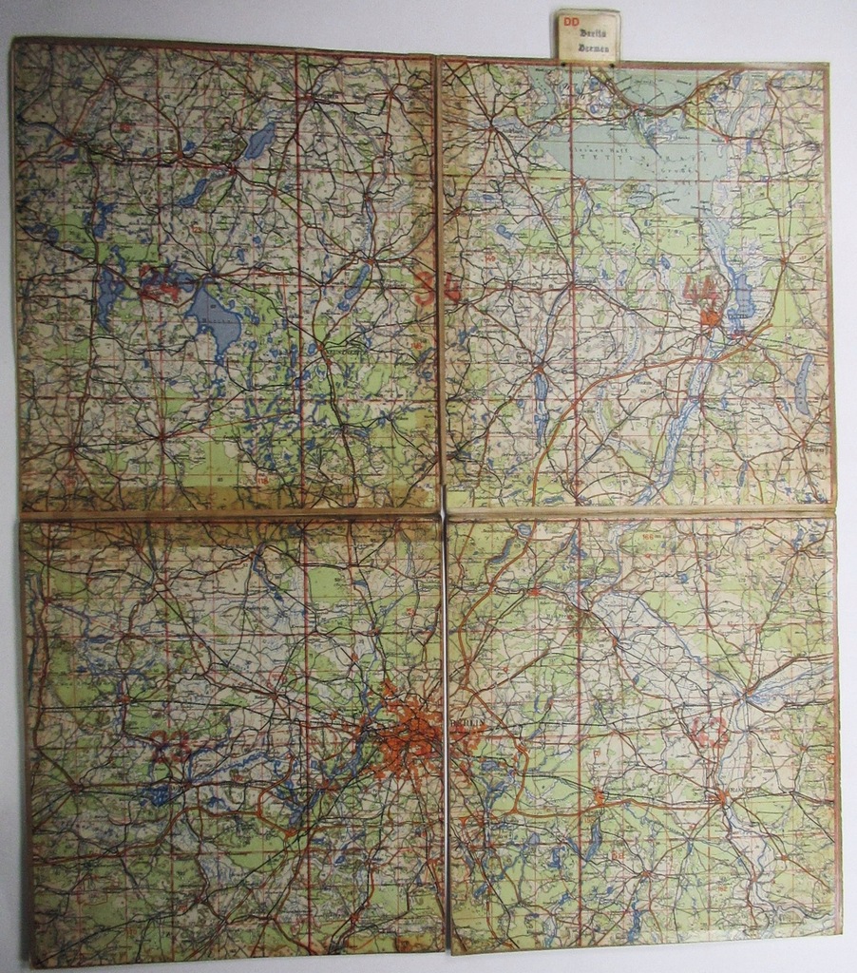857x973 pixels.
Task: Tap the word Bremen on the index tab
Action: coord(594,45)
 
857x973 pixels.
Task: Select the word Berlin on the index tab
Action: coord(594,31)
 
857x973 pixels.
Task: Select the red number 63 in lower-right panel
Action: coord(709,730)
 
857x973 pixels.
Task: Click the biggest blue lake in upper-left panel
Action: coord(214,318)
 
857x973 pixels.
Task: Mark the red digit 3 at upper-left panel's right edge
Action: coord(425,285)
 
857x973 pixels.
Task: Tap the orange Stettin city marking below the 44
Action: coord(709,318)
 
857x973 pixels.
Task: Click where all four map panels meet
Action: coord(442,514)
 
